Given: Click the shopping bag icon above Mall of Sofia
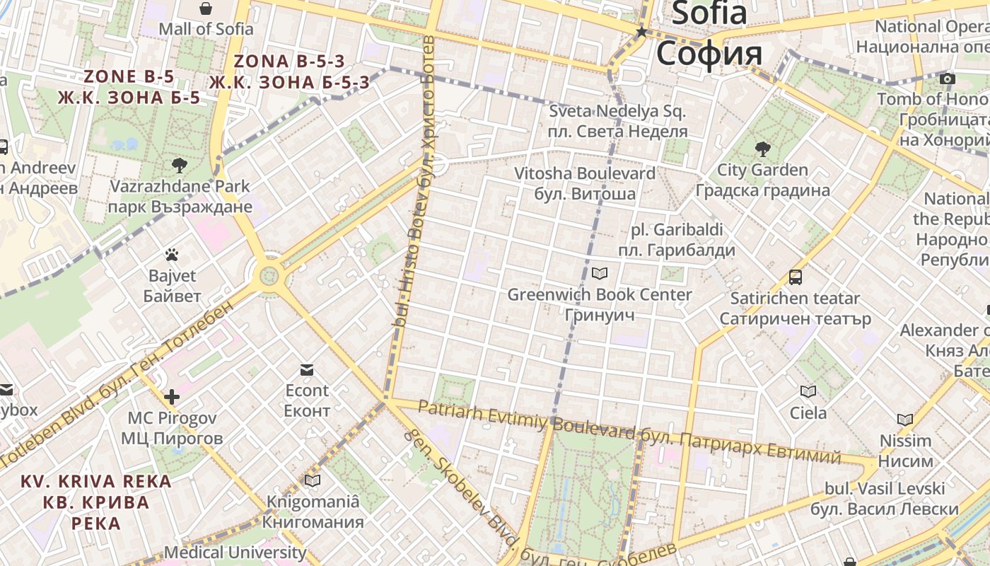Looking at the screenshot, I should point(205,8).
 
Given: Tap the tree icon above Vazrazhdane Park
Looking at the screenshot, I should point(180,166).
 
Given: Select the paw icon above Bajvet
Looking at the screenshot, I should point(172,255).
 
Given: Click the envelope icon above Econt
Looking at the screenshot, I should point(307,369).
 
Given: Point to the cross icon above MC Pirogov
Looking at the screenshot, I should point(172,397).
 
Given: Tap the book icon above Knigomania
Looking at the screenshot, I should point(313,481).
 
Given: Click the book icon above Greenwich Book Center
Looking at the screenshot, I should point(600,273).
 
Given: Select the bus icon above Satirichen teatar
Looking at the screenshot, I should point(796,277).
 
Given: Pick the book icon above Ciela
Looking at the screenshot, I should point(808,391).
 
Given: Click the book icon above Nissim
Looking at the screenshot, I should point(905,420).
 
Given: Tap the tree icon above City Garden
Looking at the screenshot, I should point(762,149).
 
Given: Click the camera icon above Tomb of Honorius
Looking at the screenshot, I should point(948,79).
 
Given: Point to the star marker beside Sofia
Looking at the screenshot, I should point(641,32).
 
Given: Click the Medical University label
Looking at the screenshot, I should point(235,552).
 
